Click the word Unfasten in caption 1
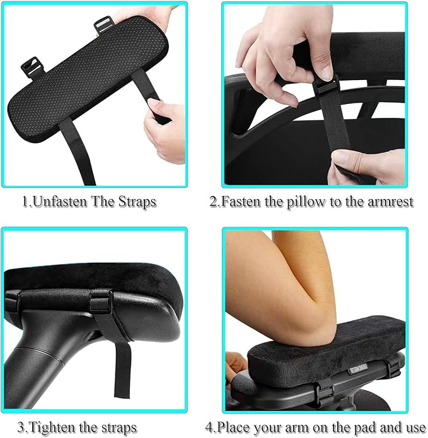tap(60, 202)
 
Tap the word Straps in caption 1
tap(137, 202)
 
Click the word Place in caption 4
tap(234, 427)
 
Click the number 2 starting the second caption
tap(213, 202)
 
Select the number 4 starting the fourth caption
tap(209, 427)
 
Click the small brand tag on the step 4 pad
tap(359, 369)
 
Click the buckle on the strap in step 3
tap(101, 301)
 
